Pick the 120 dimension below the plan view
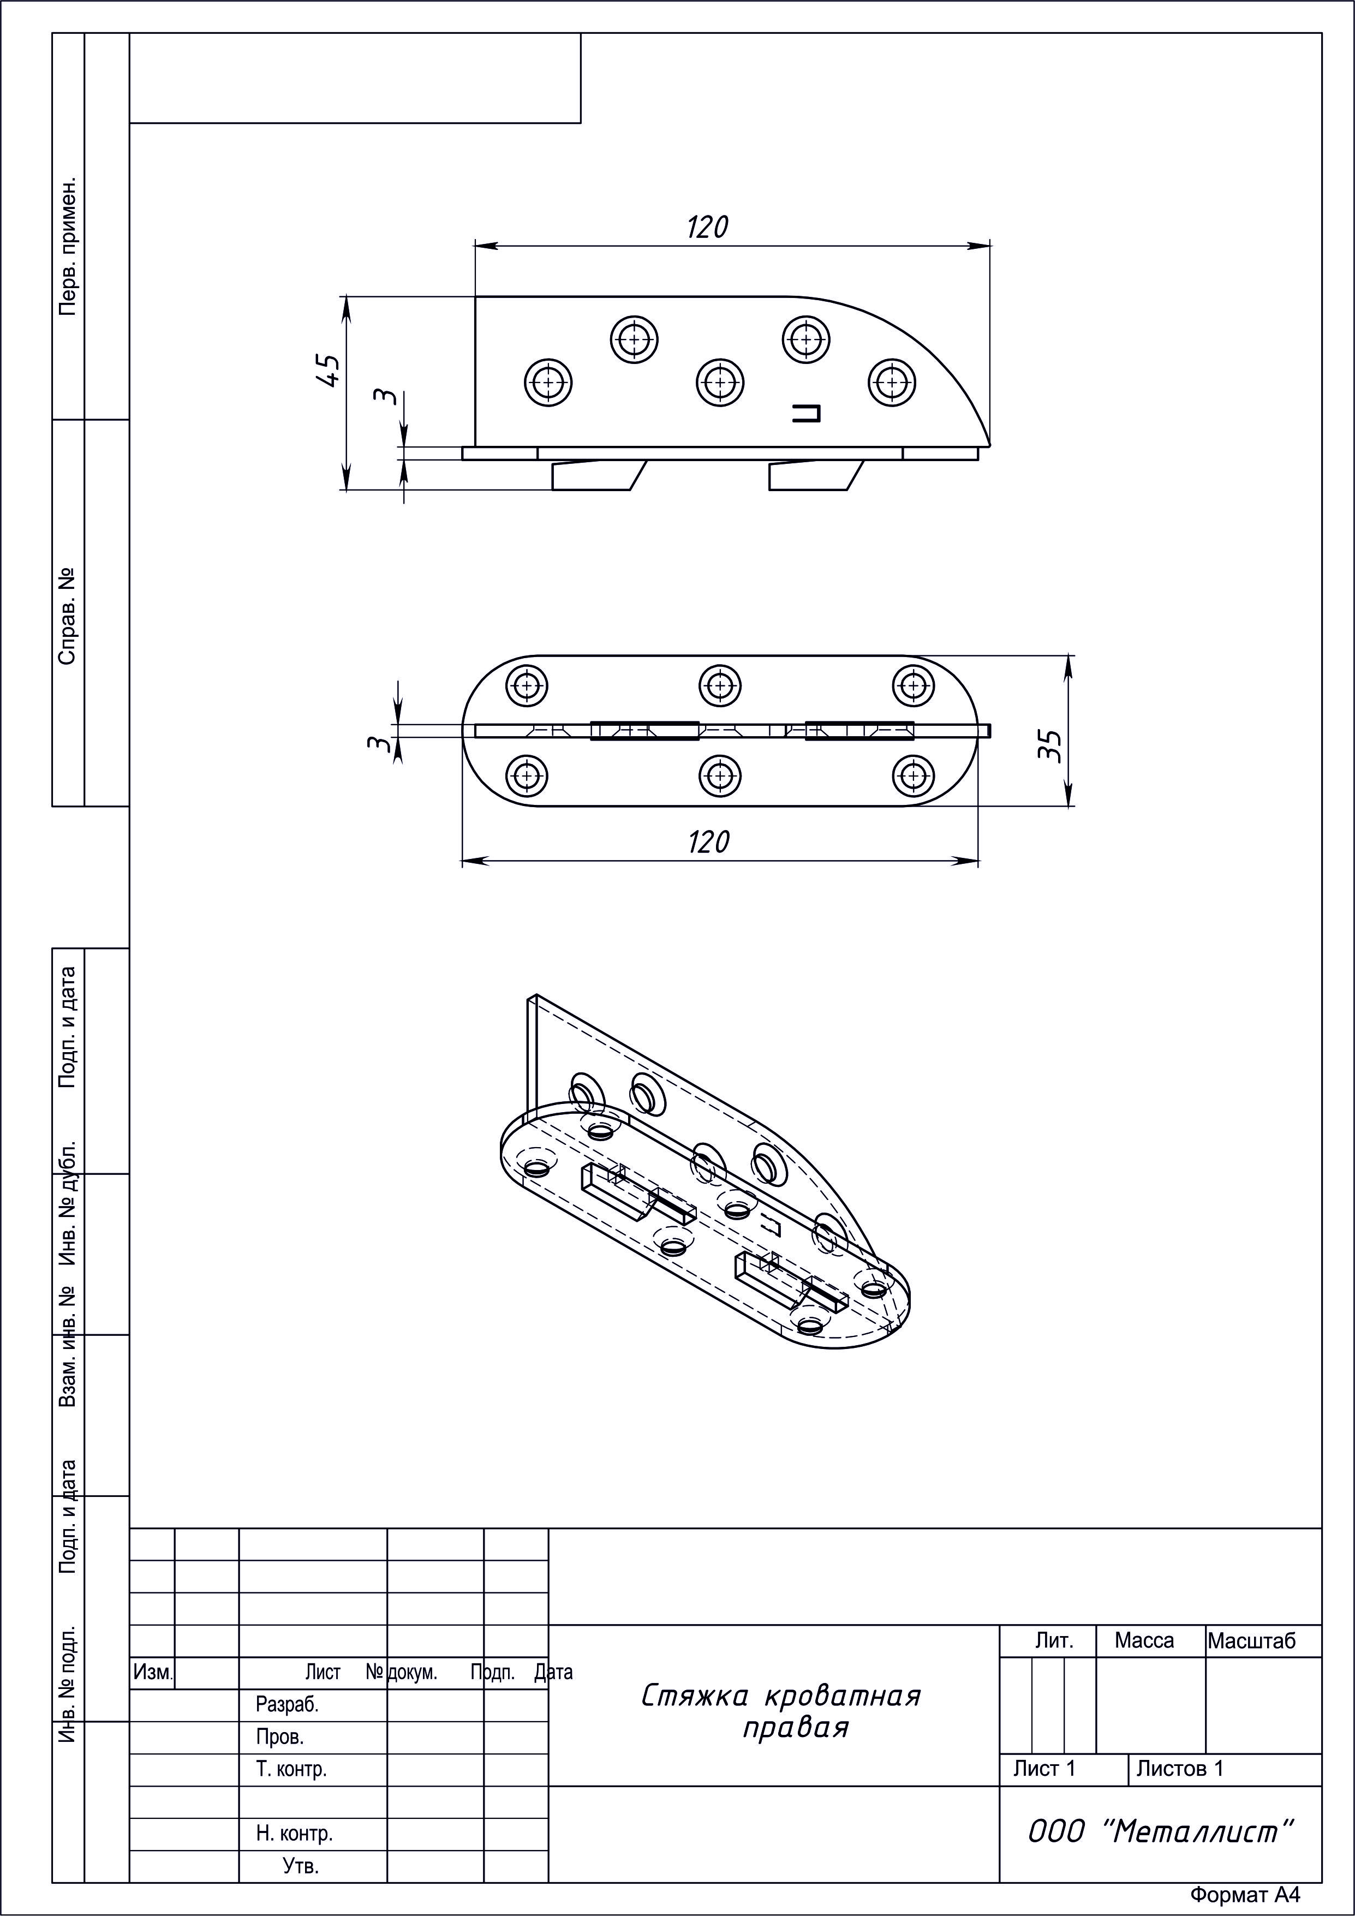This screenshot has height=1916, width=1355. pyautogui.click(x=708, y=842)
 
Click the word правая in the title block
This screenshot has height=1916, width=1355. pyautogui.click(x=795, y=1727)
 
